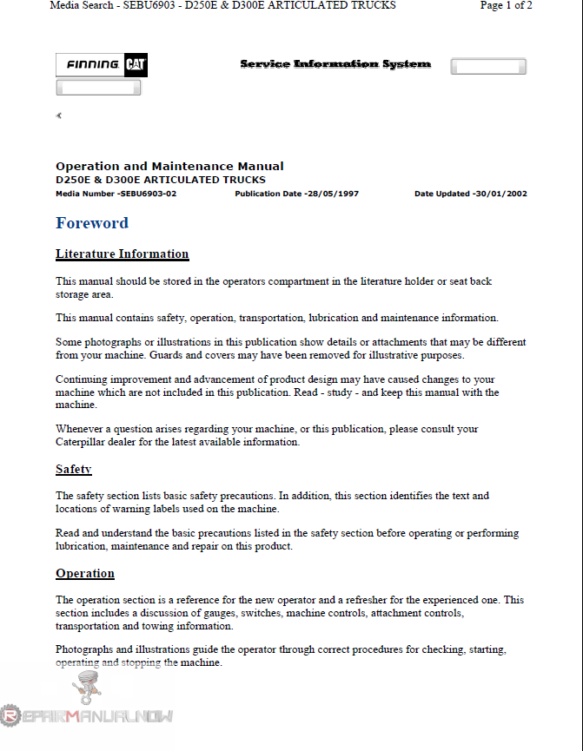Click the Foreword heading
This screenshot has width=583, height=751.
(x=92, y=223)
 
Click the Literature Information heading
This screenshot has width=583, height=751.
(x=122, y=254)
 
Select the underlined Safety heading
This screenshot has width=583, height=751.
(x=74, y=470)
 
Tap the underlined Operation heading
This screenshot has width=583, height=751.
(x=85, y=574)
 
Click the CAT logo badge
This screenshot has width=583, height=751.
(x=135, y=65)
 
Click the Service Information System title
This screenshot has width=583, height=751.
(x=335, y=64)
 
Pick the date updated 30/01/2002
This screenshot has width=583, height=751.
(x=500, y=194)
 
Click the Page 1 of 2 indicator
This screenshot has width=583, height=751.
(x=506, y=5)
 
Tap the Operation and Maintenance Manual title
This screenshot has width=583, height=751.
(x=169, y=166)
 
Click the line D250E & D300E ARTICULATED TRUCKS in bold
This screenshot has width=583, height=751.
(x=161, y=180)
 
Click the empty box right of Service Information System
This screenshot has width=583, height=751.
(x=488, y=67)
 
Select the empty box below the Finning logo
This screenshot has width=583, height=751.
(x=98, y=88)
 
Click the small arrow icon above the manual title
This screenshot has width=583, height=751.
(x=58, y=115)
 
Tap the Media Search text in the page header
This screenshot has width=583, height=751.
(x=82, y=5)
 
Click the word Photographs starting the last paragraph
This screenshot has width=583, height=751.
(x=84, y=649)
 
